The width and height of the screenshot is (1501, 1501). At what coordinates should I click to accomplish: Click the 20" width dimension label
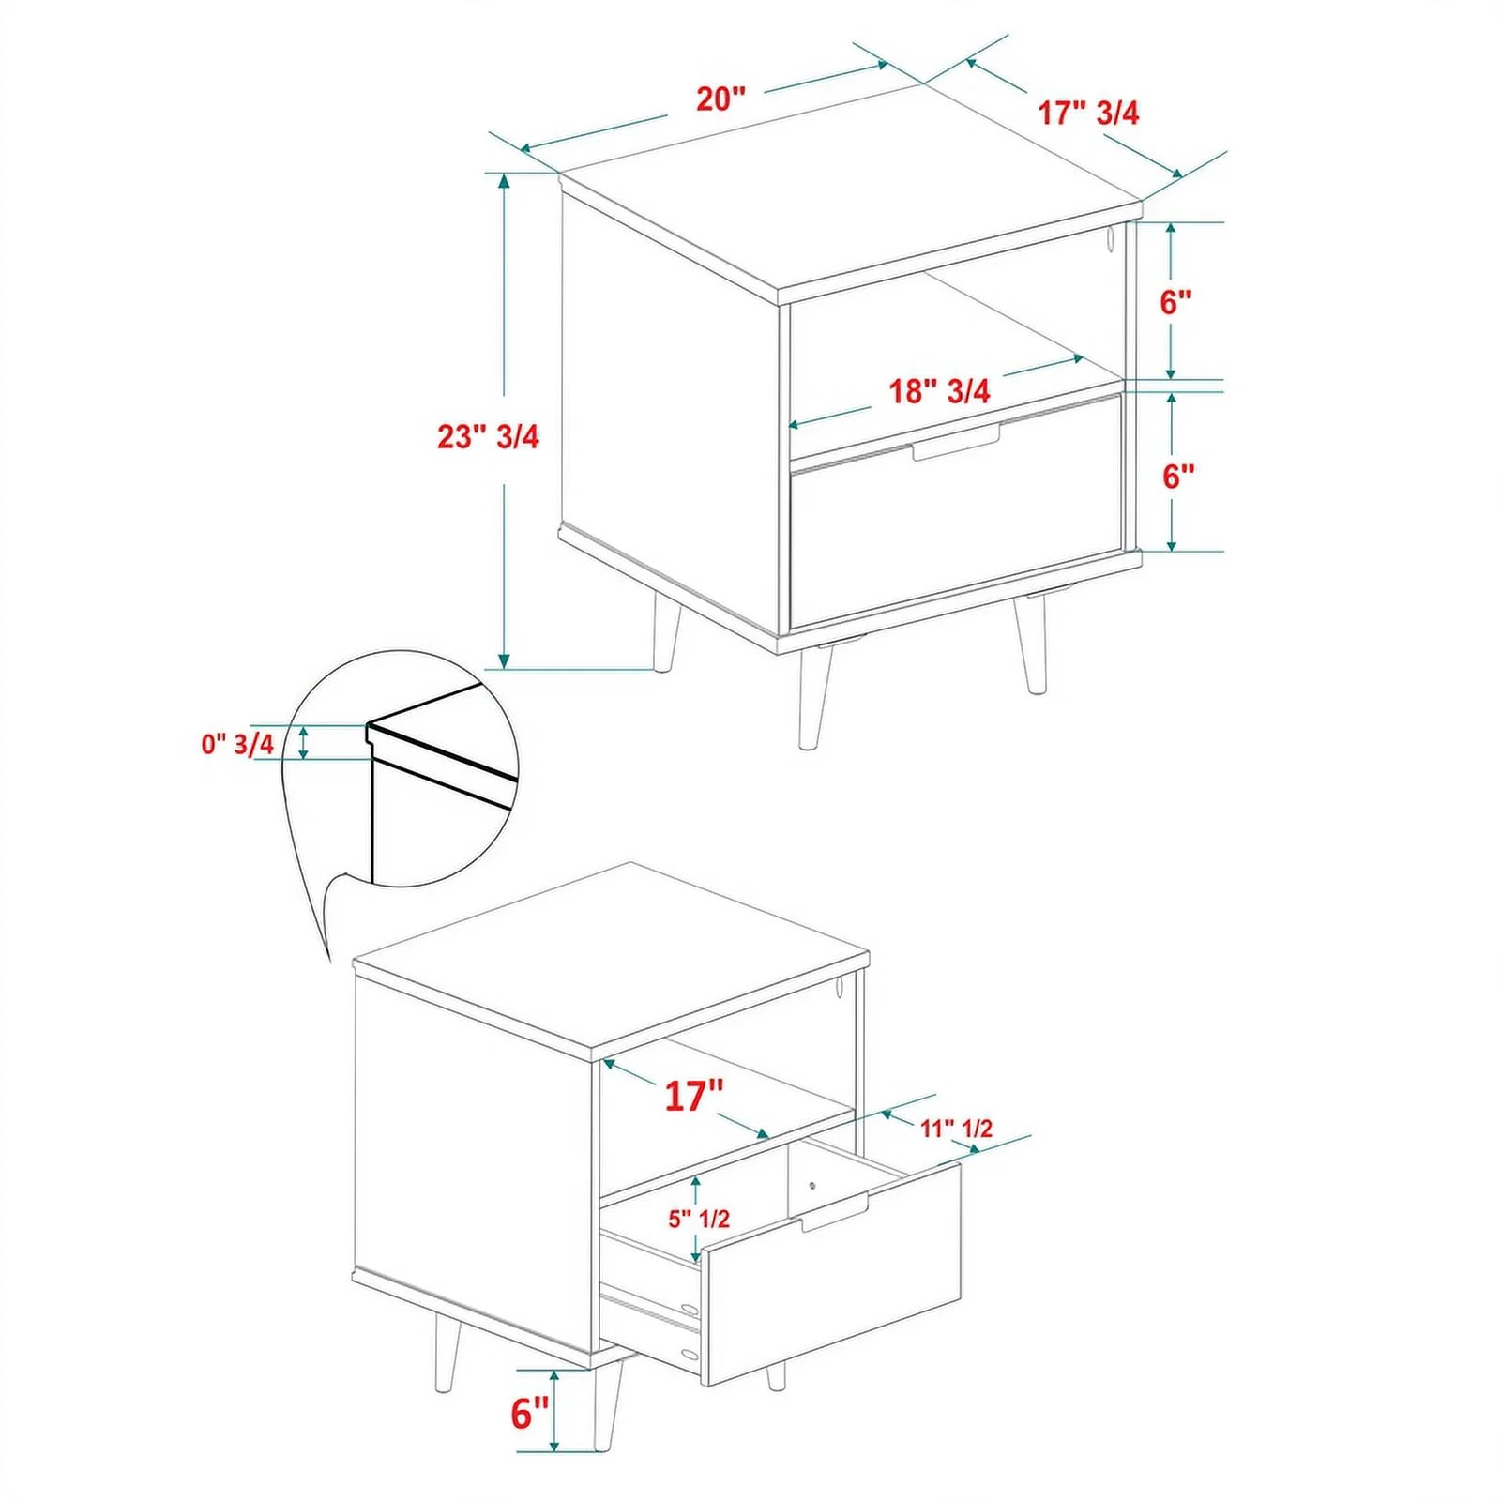720,99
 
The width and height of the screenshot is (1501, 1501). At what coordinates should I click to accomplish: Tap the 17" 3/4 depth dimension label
1088,113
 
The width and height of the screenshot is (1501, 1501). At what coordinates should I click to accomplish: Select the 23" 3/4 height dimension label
488,436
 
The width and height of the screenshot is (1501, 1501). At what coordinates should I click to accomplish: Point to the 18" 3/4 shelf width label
939,390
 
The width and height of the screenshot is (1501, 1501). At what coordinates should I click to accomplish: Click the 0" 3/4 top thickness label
237,744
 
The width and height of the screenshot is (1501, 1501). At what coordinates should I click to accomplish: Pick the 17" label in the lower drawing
694,1096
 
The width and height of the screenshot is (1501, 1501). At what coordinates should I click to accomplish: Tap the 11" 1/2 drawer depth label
956,1128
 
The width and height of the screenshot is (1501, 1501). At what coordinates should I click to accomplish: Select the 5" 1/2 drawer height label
699,1219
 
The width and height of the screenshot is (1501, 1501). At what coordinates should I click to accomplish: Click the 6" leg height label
529,1413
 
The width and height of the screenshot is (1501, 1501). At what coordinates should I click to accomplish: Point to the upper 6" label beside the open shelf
1175,302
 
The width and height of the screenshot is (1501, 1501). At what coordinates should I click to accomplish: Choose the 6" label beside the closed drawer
1178,477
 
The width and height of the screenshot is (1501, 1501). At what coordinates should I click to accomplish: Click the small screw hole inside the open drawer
812,1184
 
